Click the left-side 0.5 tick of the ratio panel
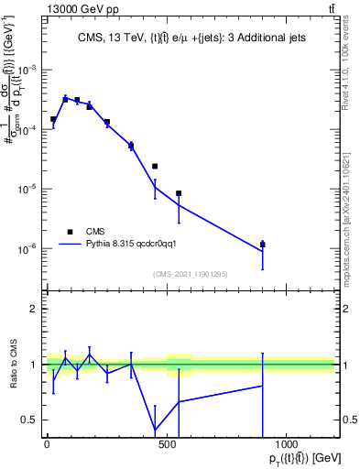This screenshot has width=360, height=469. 27,420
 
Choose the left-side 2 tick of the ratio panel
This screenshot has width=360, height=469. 32,309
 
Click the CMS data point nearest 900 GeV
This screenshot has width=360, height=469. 263,245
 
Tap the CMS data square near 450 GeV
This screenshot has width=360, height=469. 155,166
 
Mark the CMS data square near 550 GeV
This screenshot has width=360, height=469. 179,193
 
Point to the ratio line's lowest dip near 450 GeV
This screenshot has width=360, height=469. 155,430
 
